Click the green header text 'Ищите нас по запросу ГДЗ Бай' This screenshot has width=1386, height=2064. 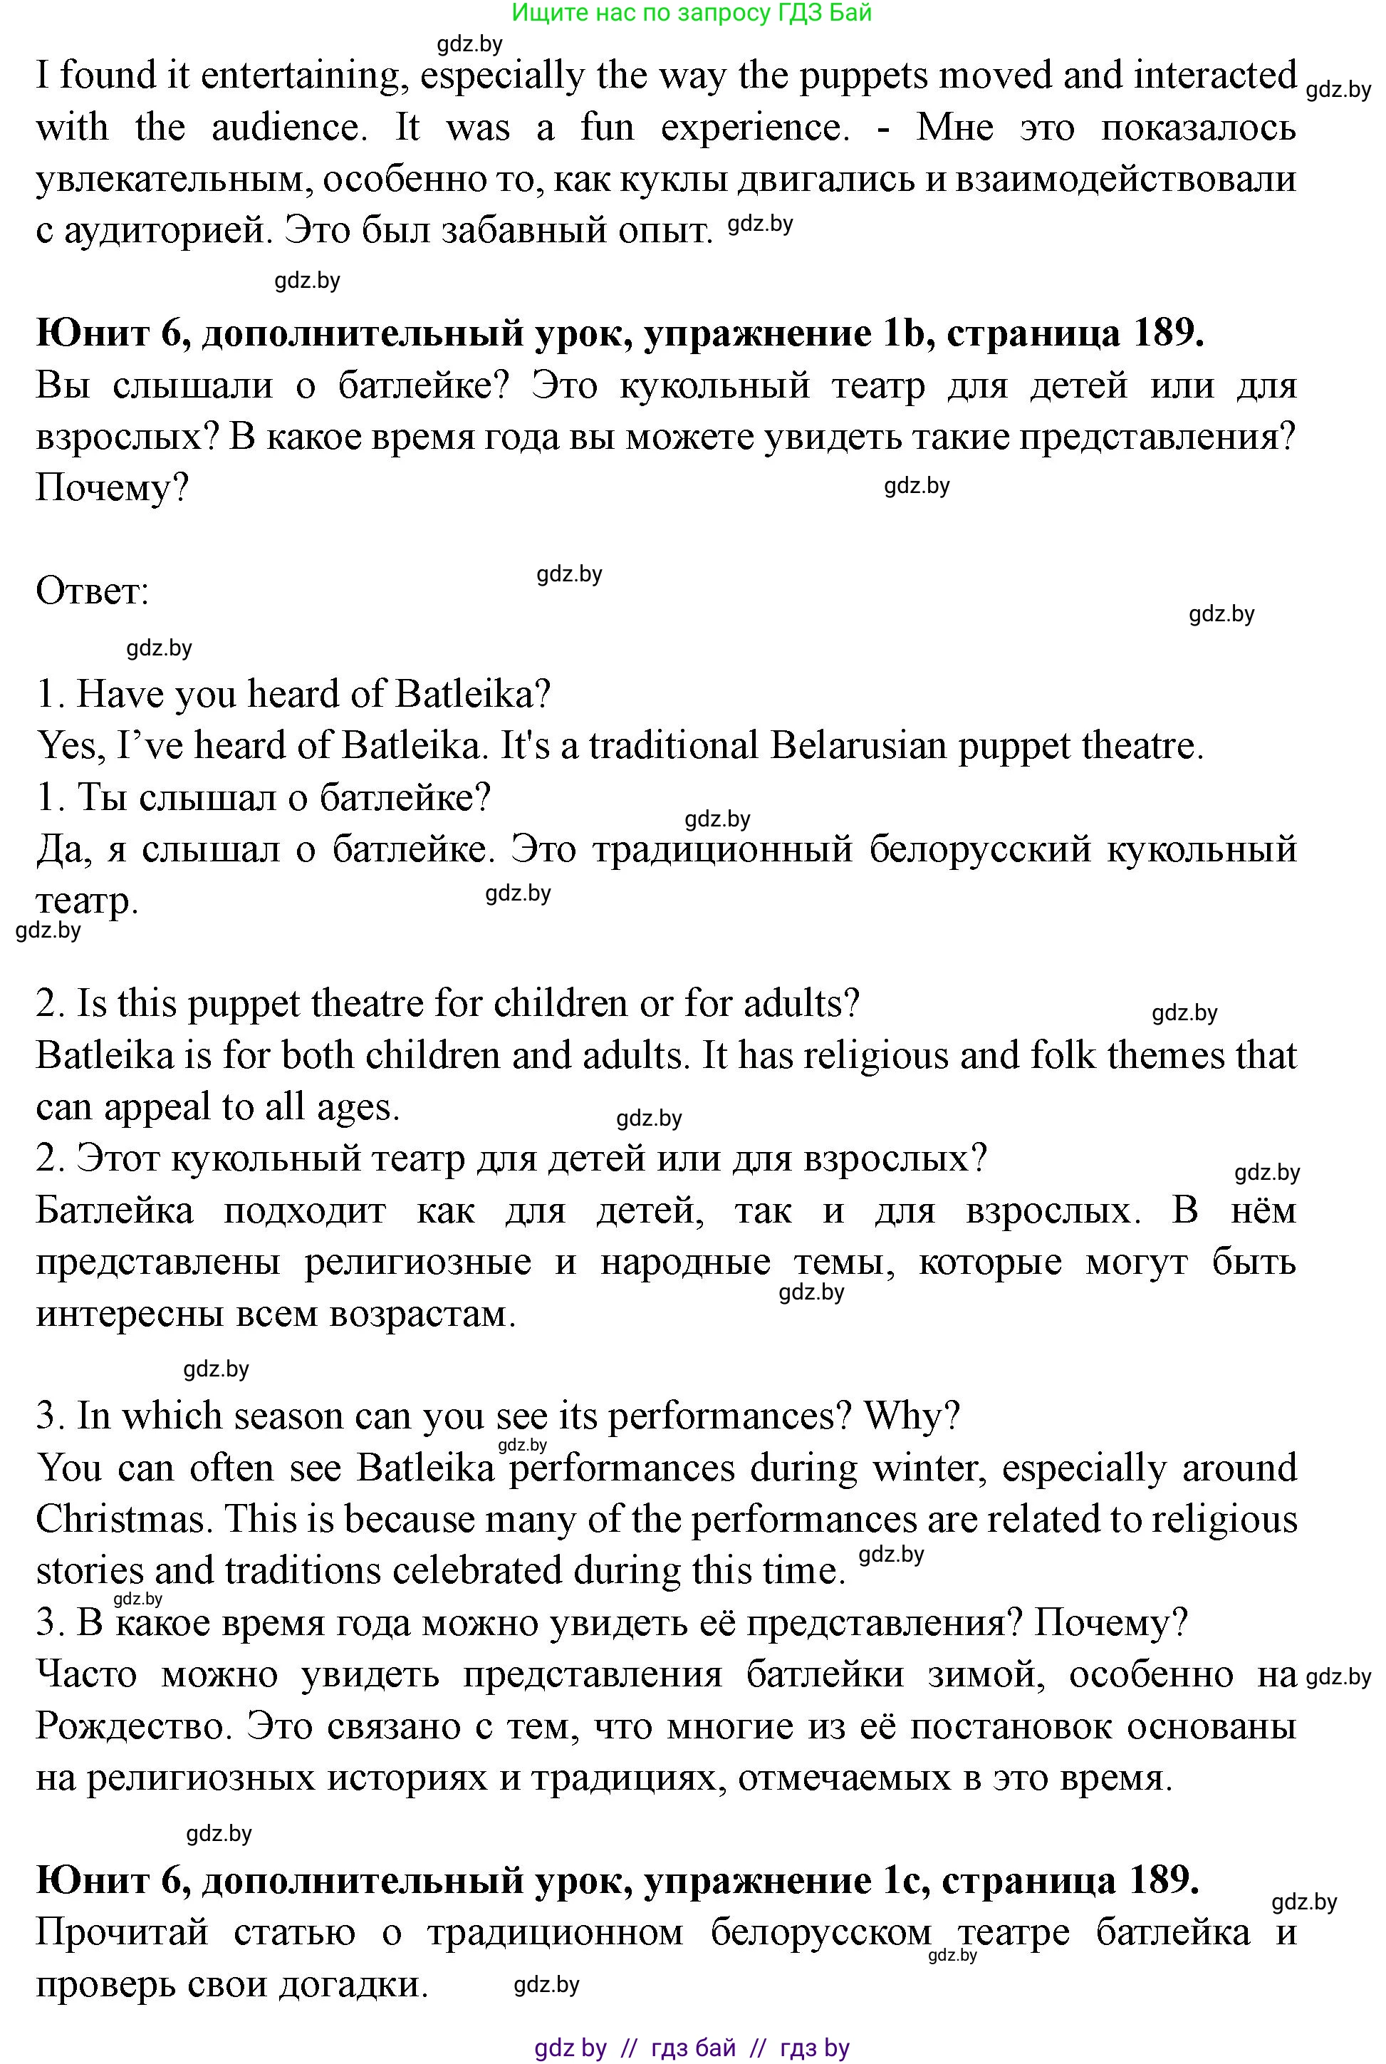(692, 12)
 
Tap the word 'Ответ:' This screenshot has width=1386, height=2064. (92, 591)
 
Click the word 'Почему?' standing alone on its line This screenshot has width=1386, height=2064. (113, 488)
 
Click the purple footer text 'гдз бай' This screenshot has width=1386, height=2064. (693, 2047)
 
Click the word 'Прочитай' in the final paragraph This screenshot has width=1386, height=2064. (121, 1932)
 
